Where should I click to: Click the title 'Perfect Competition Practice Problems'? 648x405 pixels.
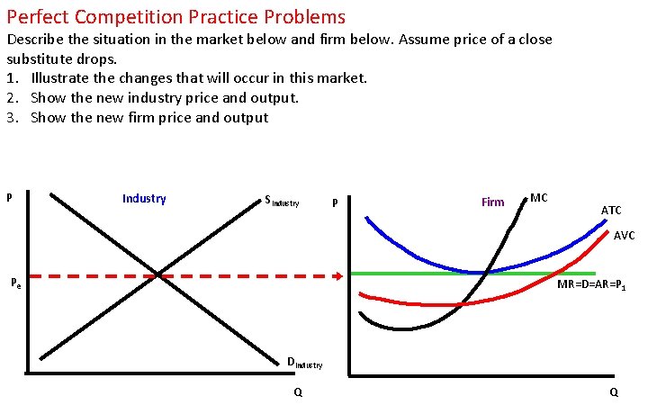click(175, 16)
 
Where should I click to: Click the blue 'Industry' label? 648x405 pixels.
click(144, 198)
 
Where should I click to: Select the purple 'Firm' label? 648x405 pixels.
click(493, 202)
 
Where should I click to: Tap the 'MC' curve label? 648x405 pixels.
click(539, 197)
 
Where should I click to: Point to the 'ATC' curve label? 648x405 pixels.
click(611, 211)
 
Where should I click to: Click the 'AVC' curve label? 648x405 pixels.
click(625, 236)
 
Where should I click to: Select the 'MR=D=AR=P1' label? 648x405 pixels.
click(597, 284)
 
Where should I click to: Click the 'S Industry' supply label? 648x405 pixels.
click(282, 202)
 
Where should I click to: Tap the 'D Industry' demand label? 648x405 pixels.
click(303, 364)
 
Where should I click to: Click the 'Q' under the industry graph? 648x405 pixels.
click(298, 392)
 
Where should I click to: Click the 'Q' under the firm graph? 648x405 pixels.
click(614, 392)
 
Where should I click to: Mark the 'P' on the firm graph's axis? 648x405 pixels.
click(335, 203)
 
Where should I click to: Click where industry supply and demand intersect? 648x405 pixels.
click(159, 274)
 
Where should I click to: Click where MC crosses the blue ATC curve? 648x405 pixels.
click(486, 272)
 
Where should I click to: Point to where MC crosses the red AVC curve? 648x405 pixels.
click(459, 304)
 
